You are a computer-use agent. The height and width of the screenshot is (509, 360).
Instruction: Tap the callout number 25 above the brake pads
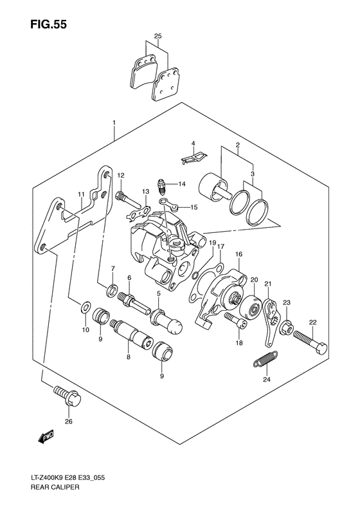tap(158, 36)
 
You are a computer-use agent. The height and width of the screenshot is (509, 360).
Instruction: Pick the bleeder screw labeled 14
tap(163, 186)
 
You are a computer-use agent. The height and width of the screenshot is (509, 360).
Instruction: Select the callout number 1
tap(113, 122)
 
